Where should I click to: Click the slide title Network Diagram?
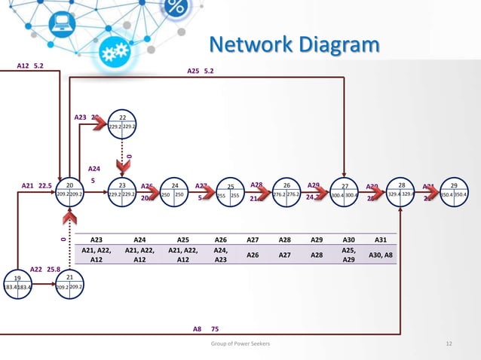[x=294, y=45]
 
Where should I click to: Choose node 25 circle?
[x=231, y=192]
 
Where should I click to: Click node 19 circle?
[x=17, y=284]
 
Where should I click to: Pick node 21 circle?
[x=69, y=284]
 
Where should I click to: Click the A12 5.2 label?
[x=30, y=66]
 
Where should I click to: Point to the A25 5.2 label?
[x=200, y=72]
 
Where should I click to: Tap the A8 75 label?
[x=204, y=329]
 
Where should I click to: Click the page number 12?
[x=449, y=343]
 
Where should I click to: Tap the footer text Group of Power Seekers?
[x=240, y=343]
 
